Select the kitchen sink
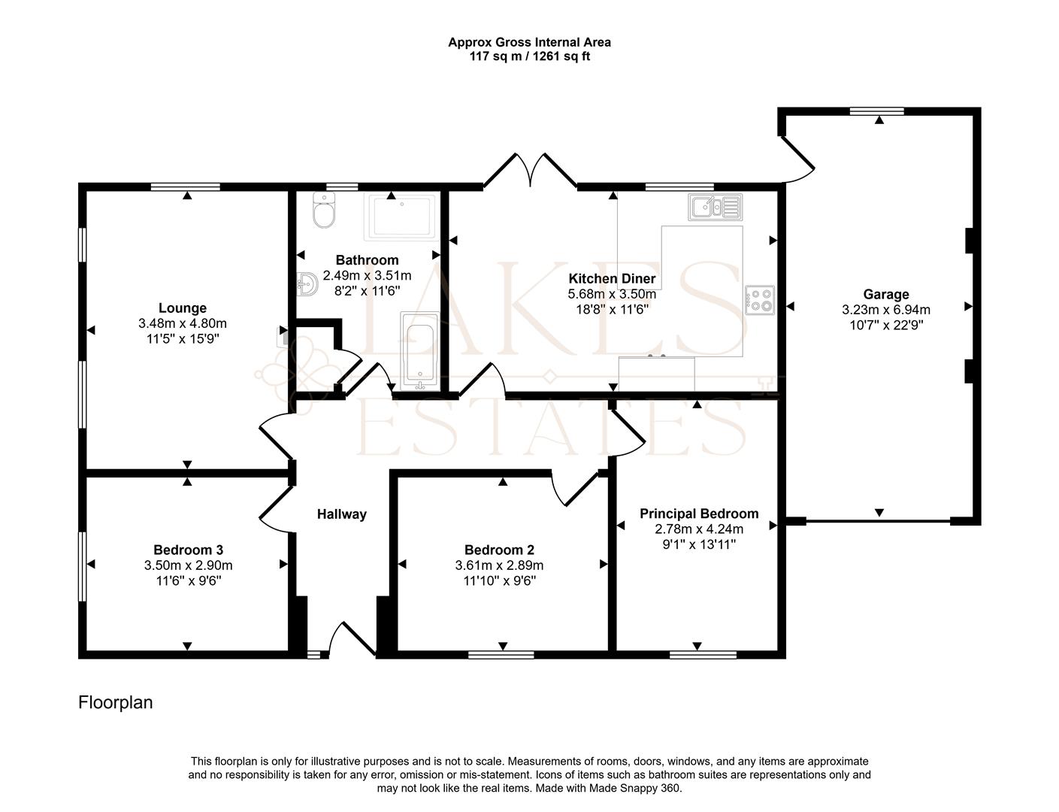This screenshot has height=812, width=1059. coord(714,206)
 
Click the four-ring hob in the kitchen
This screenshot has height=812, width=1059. coord(760,300)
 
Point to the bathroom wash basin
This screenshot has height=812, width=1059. coord(307,284)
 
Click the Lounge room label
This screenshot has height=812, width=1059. coord(182,308)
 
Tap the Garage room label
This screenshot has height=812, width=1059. coord(885,294)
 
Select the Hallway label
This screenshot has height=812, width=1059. coord(341,514)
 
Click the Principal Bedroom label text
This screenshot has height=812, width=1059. coord(698,514)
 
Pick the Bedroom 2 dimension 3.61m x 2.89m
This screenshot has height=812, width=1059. coord(499,565)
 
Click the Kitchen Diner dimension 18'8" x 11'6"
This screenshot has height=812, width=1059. coord(611,308)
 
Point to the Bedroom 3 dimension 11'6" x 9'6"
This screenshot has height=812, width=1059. coord(188,580)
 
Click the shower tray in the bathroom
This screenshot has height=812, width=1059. coord(401,217)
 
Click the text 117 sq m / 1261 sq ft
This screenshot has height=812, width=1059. coord(529,56)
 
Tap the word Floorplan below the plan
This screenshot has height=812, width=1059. coord(116,702)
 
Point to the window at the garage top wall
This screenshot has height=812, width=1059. coord(876,111)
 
